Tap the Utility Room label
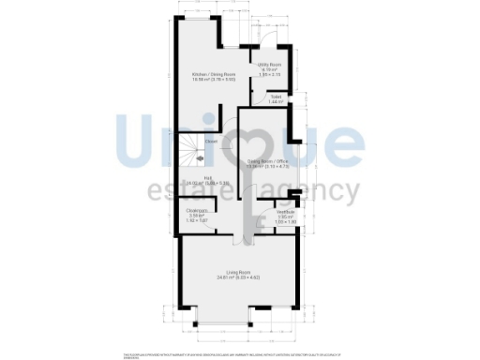click(270, 64)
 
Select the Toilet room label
click(277, 96)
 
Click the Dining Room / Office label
click(268, 162)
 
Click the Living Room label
click(239, 272)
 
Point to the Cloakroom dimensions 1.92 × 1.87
click(196, 220)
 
